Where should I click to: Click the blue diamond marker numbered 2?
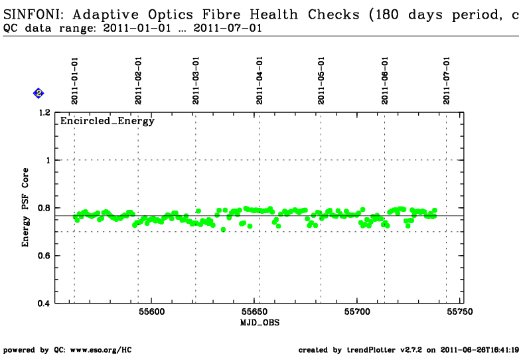[x=38, y=94]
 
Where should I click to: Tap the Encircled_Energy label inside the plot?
[x=108, y=121]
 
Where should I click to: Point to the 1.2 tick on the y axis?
[x=44, y=113]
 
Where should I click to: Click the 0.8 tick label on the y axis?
[x=44, y=208]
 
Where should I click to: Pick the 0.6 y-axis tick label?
[x=44, y=256]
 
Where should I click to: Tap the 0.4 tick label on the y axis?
[x=44, y=304]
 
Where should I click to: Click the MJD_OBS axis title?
[x=259, y=323]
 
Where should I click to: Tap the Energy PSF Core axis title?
[x=25, y=208]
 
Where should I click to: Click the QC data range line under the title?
[x=133, y=29]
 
